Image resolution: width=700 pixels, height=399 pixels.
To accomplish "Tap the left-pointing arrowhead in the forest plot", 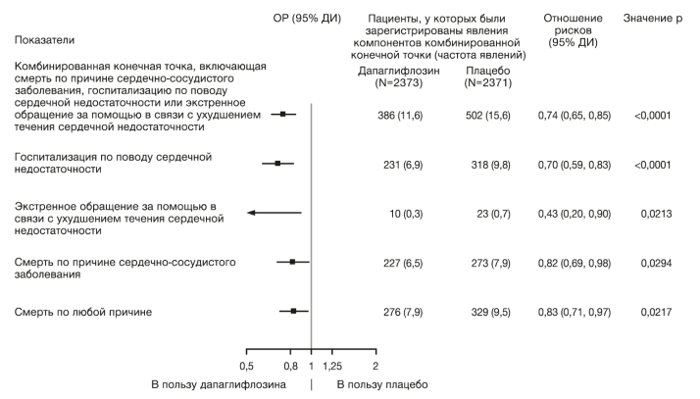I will pyautogui.click(x=251, y=213).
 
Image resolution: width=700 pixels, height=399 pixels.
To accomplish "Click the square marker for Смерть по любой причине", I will pyautogui.click(x=293, y=311).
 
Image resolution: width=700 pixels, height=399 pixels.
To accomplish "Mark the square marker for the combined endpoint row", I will pyautogui.click(x=283, y=115).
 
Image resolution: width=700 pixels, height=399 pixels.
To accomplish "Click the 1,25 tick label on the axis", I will pyautogui.click(x=334, y=366).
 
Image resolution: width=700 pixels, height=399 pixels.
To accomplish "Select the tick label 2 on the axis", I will pyautogui.click(x=375, y=366).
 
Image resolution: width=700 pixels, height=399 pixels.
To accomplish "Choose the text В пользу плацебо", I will pyautogui.click(x=381, y=384).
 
